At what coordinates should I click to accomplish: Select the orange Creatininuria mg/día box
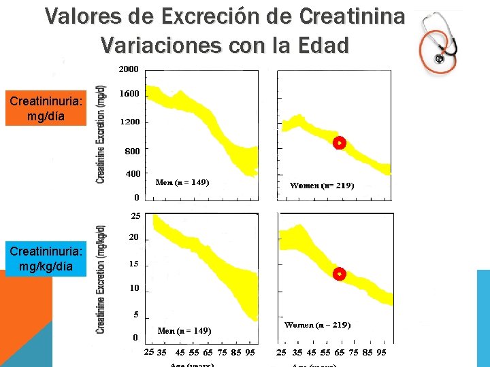tap(46, 109)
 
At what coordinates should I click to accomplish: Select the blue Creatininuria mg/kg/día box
tap(46, 258)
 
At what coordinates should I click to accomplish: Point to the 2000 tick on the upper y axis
tap(129, 69)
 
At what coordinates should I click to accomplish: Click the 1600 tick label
tap(129, 94)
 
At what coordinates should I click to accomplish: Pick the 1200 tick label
tap(129, 122)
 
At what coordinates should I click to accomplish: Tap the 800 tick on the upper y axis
tap(132, 150)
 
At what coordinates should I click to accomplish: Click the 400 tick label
tap(133, 174)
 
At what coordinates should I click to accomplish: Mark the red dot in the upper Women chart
tap(339, 143)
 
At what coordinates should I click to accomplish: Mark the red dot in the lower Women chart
tap(340, 274)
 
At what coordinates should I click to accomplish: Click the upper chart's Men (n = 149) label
tap(182, 182)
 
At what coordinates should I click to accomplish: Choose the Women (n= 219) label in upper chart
tap(322, 185)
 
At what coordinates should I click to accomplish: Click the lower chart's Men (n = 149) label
tap(184, 331)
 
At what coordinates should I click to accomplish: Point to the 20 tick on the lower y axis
tap(134, 238)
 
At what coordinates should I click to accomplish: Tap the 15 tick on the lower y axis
tap(134, 264)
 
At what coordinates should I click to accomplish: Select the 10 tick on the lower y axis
tap(134, 288)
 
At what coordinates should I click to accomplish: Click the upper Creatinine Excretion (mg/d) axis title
tap(101, 134)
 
